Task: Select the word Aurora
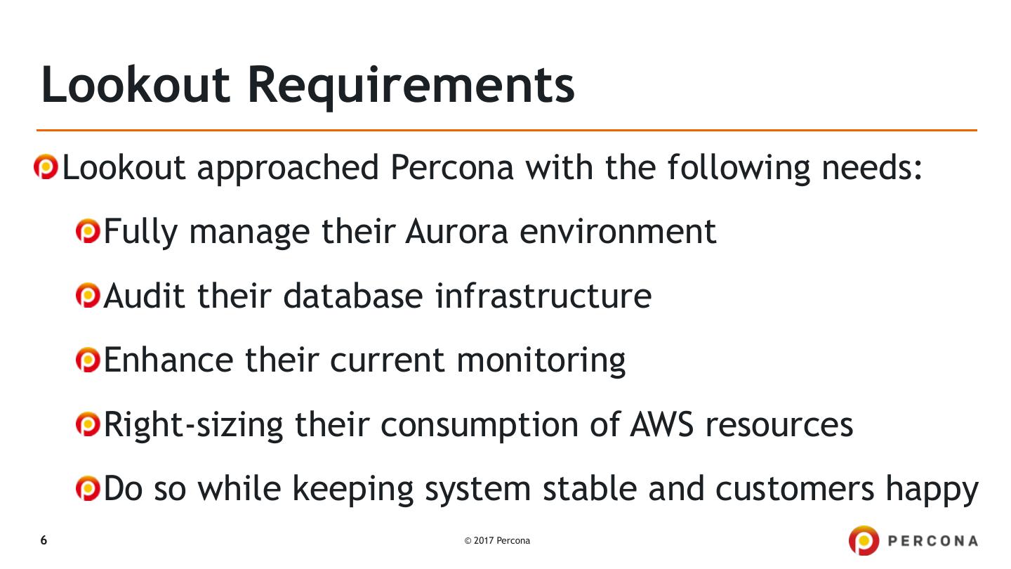[x=456, y=232]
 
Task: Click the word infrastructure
[x=543, y=296]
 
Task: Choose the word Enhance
[x=168, y=360]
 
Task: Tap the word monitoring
[x=541, y=361]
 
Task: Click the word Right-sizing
[x=194, y=425]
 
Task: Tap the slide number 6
[x=44, y=540]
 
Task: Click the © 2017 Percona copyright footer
[x=497, y=541]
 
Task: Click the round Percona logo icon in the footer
[x=864, y=541]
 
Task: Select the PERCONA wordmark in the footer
[x=933, y=541]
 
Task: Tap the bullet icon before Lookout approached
[x=46, y=168]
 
